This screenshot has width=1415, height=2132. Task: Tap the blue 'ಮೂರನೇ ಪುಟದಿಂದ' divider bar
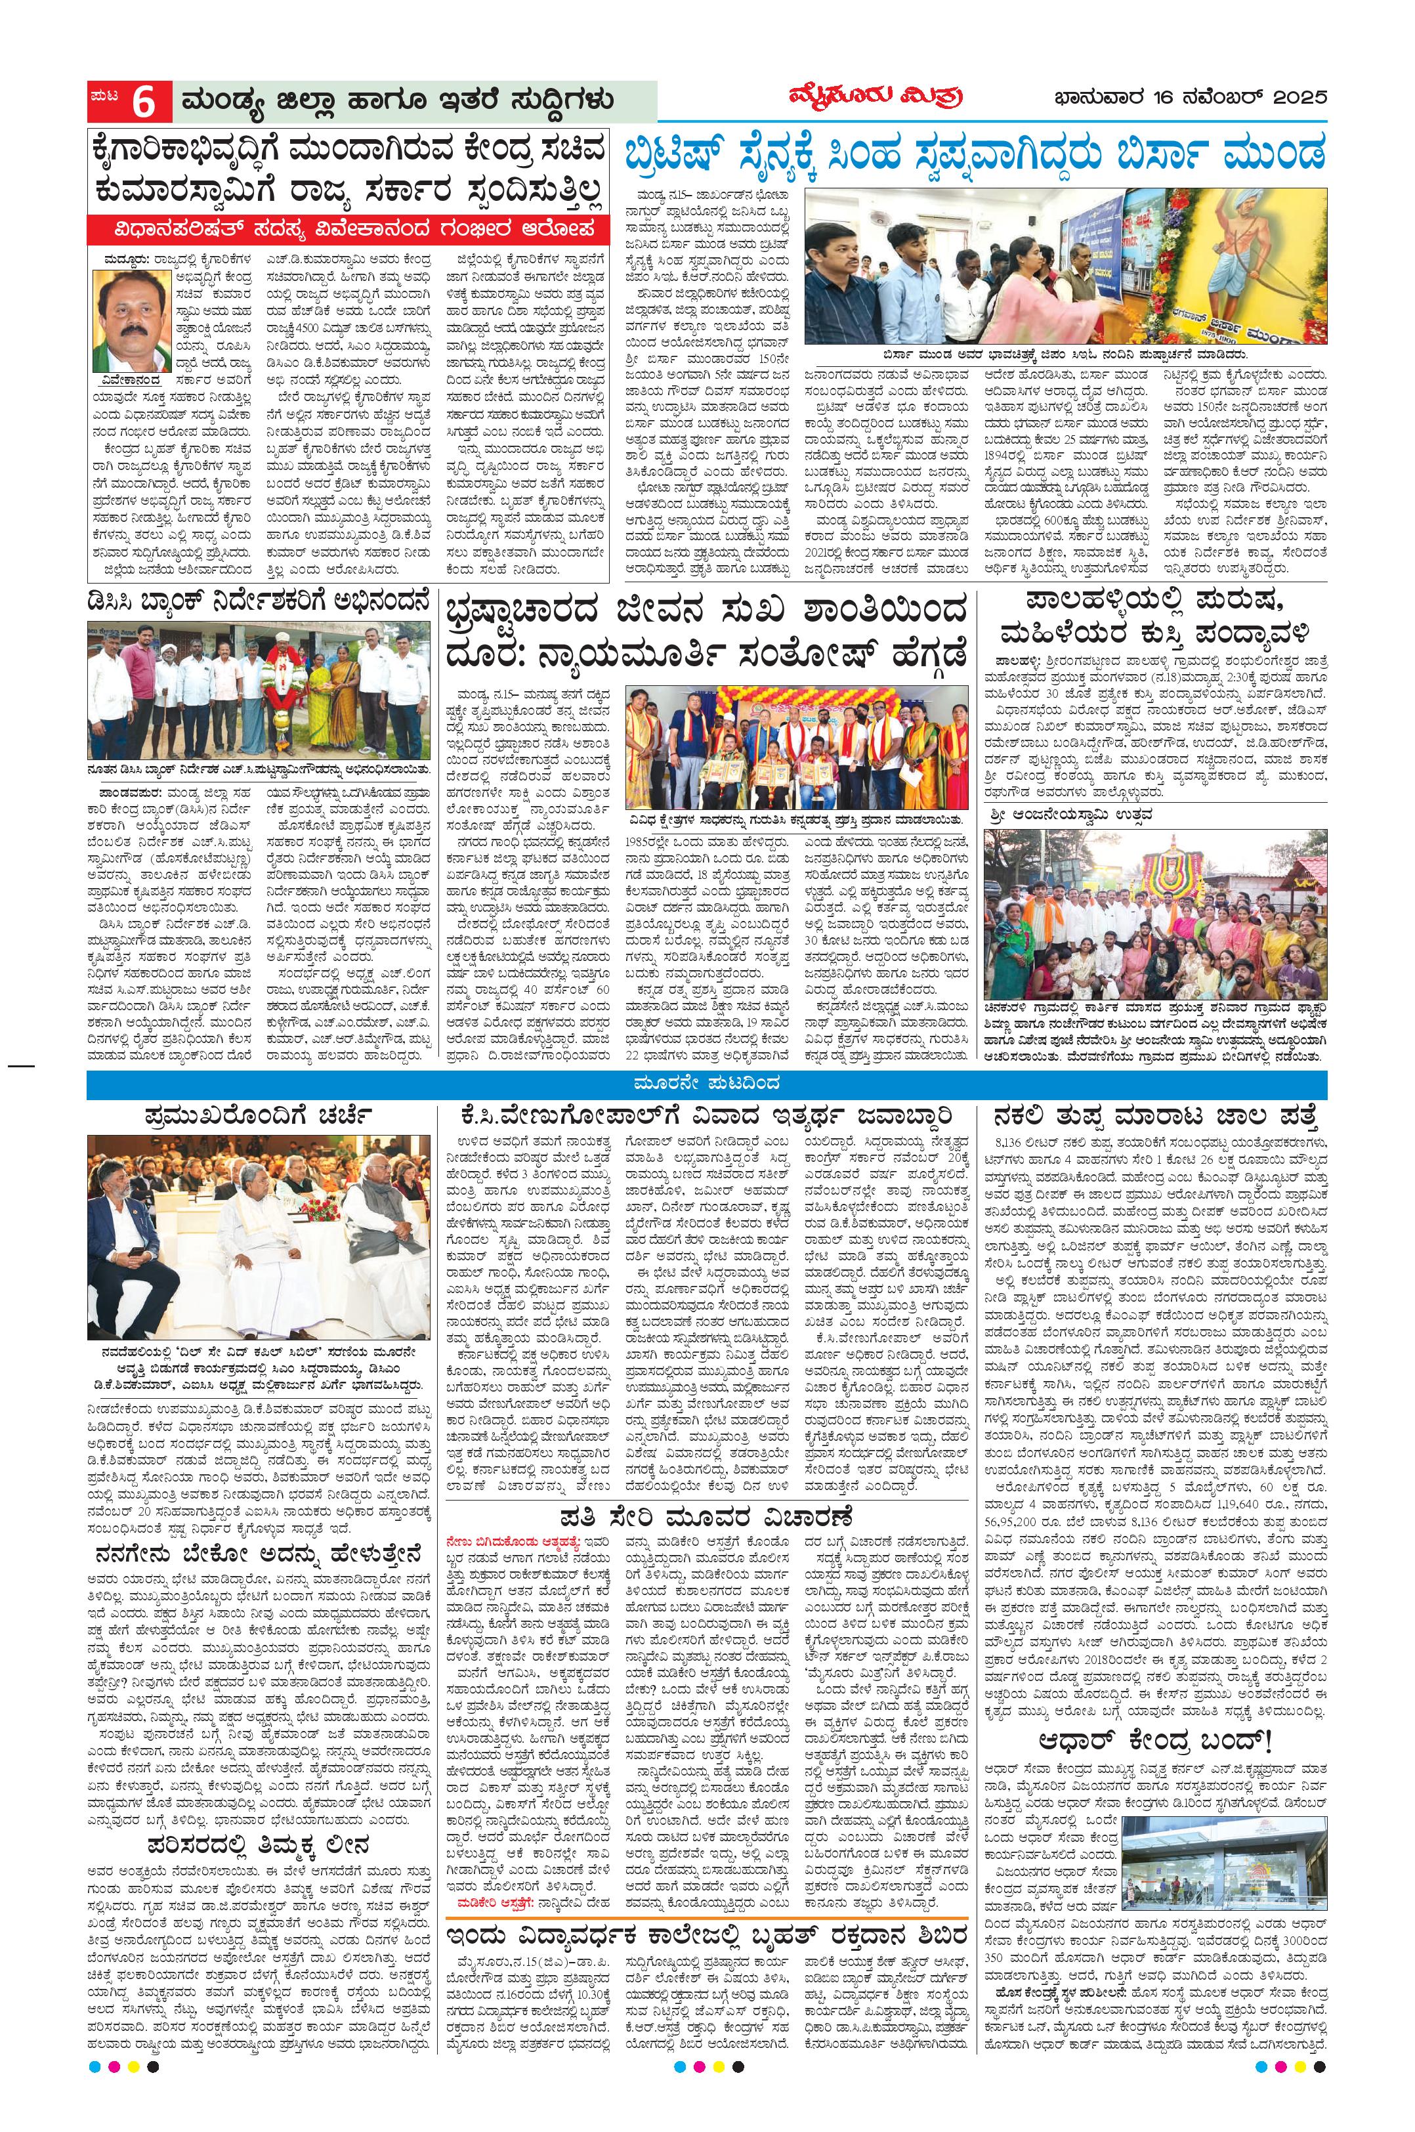707,1082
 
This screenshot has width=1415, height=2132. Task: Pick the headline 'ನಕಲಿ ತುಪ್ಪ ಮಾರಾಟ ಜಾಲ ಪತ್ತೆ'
1157,1113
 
